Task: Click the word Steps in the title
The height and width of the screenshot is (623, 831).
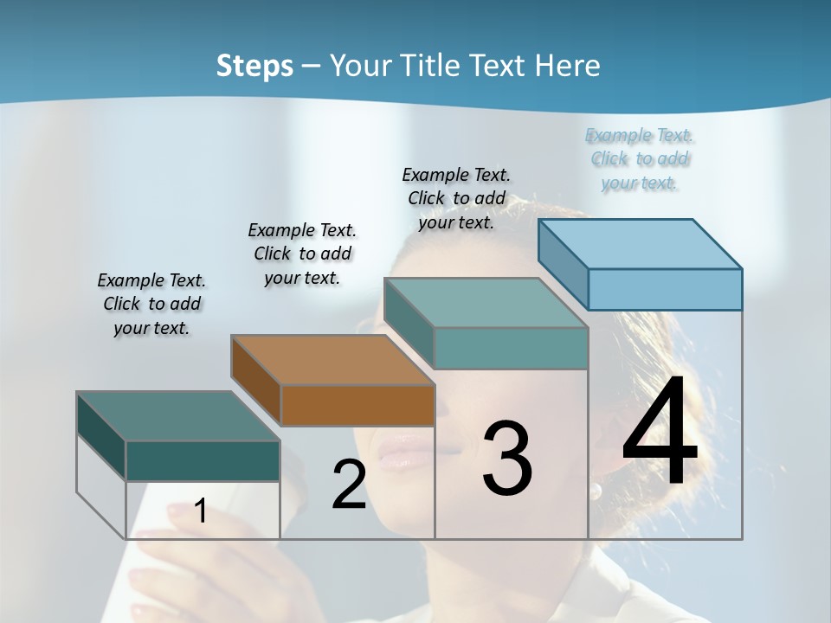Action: (254, 66)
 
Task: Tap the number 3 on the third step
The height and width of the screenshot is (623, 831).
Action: (507, 458)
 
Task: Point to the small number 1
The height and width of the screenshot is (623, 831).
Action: (200, 511)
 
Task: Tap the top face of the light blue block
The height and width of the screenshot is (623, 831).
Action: (641, 243)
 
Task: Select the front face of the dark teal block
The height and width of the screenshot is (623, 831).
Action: (203, 460)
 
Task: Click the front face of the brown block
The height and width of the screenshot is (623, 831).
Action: (358, 405)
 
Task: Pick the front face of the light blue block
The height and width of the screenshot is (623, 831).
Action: (665, 289)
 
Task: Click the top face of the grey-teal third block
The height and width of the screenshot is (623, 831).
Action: (486, 303)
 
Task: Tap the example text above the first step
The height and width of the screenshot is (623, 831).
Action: (151, 304)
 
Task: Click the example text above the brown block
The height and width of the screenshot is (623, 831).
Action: (302, 254)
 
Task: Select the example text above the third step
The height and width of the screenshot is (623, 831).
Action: (456, 198)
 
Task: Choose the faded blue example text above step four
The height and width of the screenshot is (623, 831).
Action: (640, 158)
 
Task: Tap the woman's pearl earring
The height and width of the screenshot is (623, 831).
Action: (596, 491)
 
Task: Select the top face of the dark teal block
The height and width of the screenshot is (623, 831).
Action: (178, 416)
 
